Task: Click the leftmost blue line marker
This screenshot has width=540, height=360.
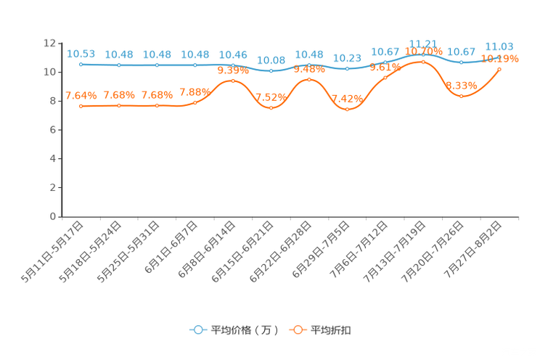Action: [81, 64]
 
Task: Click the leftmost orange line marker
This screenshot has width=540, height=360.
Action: [81, 106]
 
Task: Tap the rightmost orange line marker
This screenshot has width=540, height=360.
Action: [499, 69]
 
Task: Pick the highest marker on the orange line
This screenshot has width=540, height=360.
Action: [423, 62]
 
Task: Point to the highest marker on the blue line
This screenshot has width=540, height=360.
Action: [423, 53]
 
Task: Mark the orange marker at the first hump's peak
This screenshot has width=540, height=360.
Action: [232, 80]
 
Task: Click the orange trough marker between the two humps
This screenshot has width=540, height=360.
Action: [271, 108]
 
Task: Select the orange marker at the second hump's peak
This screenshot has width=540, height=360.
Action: [309, 78]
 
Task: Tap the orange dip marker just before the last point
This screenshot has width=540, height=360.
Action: [462, 96]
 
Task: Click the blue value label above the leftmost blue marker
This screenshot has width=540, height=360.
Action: [81, 53]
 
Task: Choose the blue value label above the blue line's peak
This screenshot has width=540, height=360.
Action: [423, 43]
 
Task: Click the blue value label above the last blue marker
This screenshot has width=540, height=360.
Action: [499, 46]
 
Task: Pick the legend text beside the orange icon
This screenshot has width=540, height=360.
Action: [332, 330]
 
